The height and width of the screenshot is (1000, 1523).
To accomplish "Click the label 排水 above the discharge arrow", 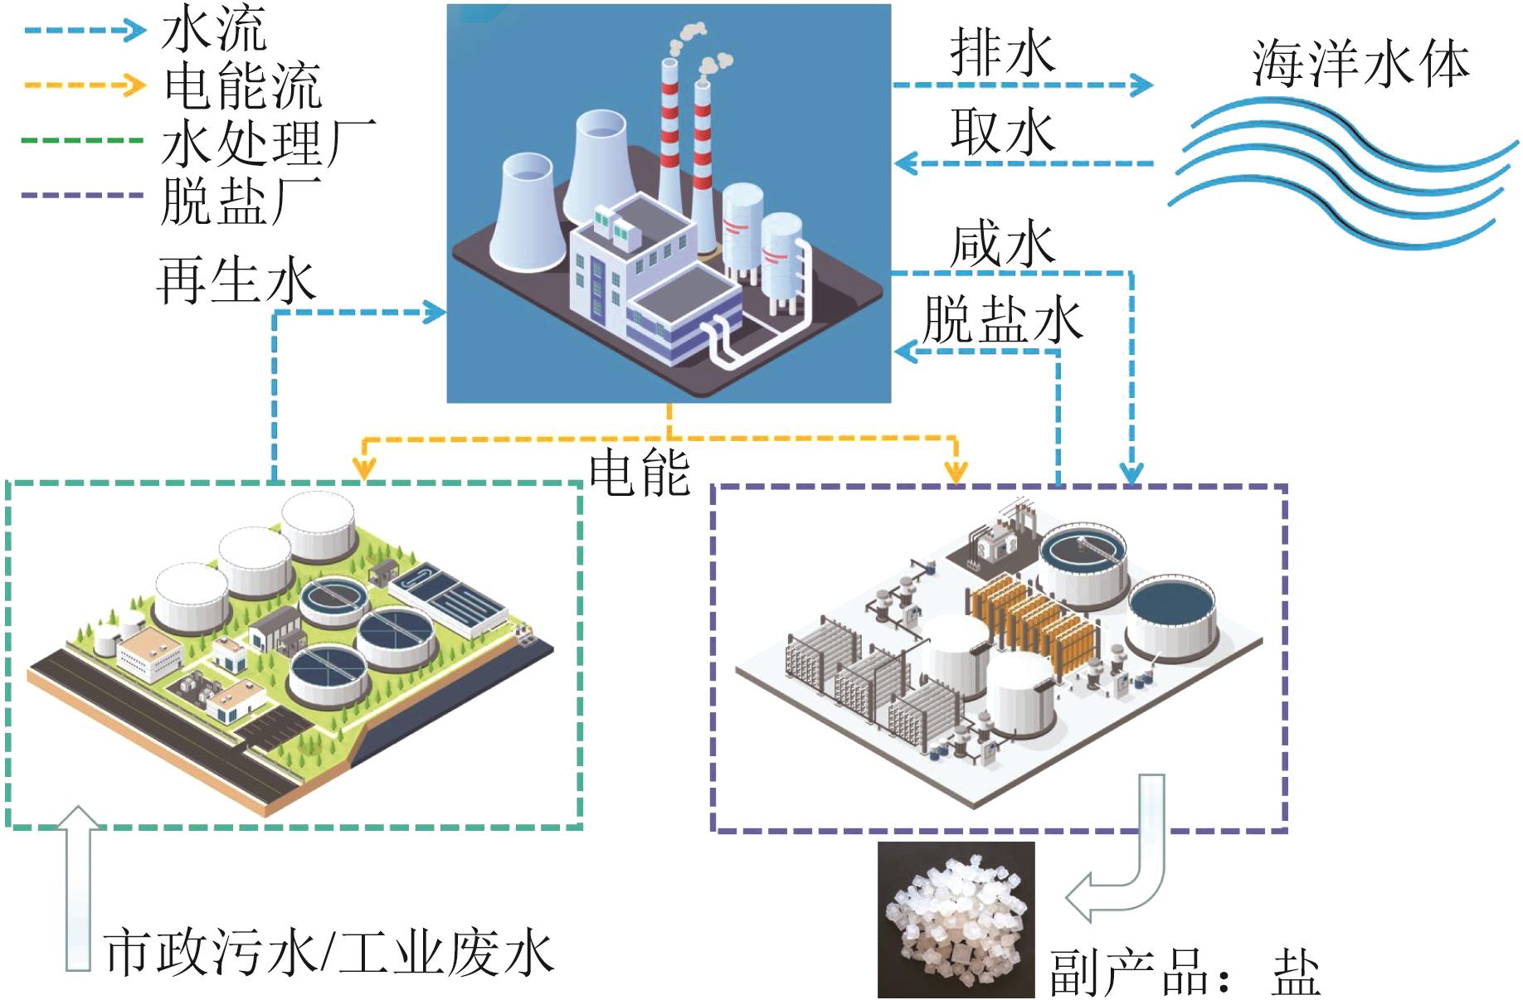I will pos(1002,52).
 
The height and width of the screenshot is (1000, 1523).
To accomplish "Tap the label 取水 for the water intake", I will pos(1002,131).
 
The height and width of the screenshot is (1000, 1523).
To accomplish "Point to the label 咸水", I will pos(1002,245).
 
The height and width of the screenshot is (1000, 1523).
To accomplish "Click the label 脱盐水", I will pos(1002,319).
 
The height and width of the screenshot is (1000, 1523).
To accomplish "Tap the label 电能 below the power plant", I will pos(639,473).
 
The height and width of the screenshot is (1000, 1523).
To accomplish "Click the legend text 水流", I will pos(214,28).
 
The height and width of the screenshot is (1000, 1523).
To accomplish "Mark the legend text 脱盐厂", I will pos(241,199).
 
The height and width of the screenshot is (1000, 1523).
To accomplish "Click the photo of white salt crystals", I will pos(956,919).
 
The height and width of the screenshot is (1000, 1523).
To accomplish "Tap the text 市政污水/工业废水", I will pos(328,953).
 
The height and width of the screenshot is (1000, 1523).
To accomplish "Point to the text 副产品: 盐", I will pos(1185,972).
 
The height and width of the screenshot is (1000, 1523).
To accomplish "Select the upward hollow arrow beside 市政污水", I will pos(78,887).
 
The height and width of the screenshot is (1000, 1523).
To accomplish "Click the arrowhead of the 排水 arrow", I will pos(1143,85).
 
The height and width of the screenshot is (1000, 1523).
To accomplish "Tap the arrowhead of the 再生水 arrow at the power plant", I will pos(435,313).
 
